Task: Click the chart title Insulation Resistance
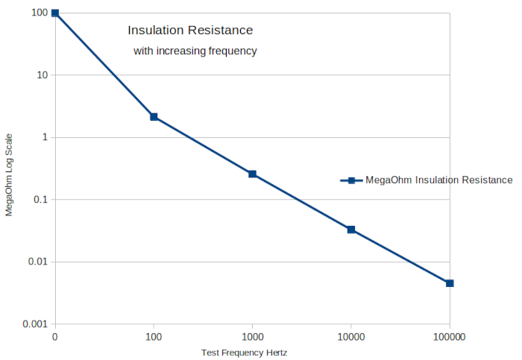tap(190, 31)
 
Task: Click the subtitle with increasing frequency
tap(195, 51)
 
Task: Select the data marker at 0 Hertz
tap(55, 13)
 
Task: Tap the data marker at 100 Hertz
tap(154, 117)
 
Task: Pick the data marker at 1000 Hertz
tap(252, 174)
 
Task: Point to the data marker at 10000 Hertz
tap(351, 230)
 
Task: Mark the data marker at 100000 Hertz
tap(450, 283)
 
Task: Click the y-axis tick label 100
tap(40, 13)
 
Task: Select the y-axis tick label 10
tap(42, 75)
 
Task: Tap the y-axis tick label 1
tap(45, 138)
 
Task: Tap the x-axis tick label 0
tap(55, 338)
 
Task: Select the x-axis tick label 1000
tap(252, 338)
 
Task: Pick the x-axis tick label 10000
tap(351, 338)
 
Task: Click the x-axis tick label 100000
tap(450, 338)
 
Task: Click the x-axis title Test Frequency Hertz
tap(244, 353)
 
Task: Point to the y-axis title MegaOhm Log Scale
tap(9, 174)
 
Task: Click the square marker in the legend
tap(350, 180)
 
